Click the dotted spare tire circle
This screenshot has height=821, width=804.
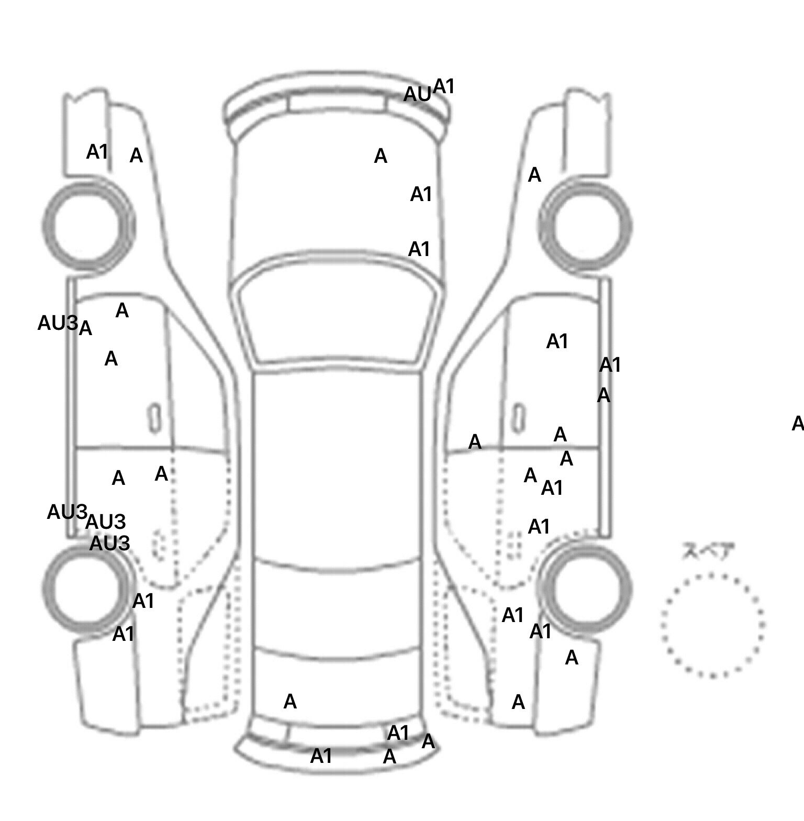tap(712, 625)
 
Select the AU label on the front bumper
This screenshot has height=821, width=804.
tap(417, 95)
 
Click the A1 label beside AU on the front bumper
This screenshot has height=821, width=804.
tap(444, 86)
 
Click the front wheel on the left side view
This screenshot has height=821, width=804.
tap(87, 226)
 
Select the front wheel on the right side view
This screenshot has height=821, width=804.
tap(585, 227)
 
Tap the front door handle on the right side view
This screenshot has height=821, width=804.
tap(518, 418)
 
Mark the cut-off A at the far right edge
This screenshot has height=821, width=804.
tap(798, 423)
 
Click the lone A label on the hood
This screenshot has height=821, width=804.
tap(381, 156)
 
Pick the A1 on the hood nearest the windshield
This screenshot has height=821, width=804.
tap(419, 249)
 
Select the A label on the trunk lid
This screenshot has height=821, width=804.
tap(290, 702)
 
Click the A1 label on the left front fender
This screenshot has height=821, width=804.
tap(97, 152)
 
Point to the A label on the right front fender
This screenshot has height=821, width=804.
tap(534, 175)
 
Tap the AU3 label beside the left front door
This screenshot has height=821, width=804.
tap(58, 323)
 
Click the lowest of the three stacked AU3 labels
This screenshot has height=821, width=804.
tap(109, 543)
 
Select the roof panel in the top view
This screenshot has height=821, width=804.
tap(337, 466)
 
